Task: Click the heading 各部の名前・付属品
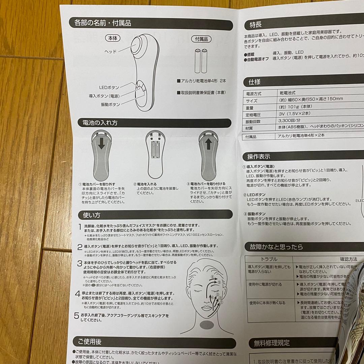tap(100, 23)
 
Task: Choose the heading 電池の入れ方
tap(98, 123)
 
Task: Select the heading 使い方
tap(89, 215)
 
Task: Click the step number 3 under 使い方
tap(80, 263)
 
